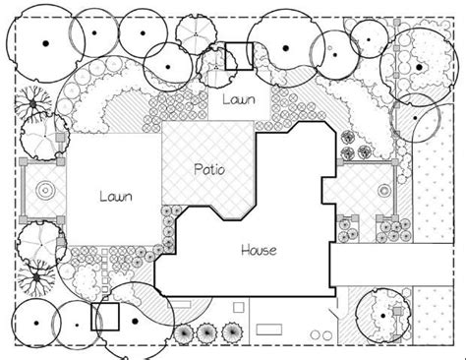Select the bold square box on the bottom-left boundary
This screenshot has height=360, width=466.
click(104, 318)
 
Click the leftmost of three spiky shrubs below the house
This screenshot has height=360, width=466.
click(187, 332)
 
